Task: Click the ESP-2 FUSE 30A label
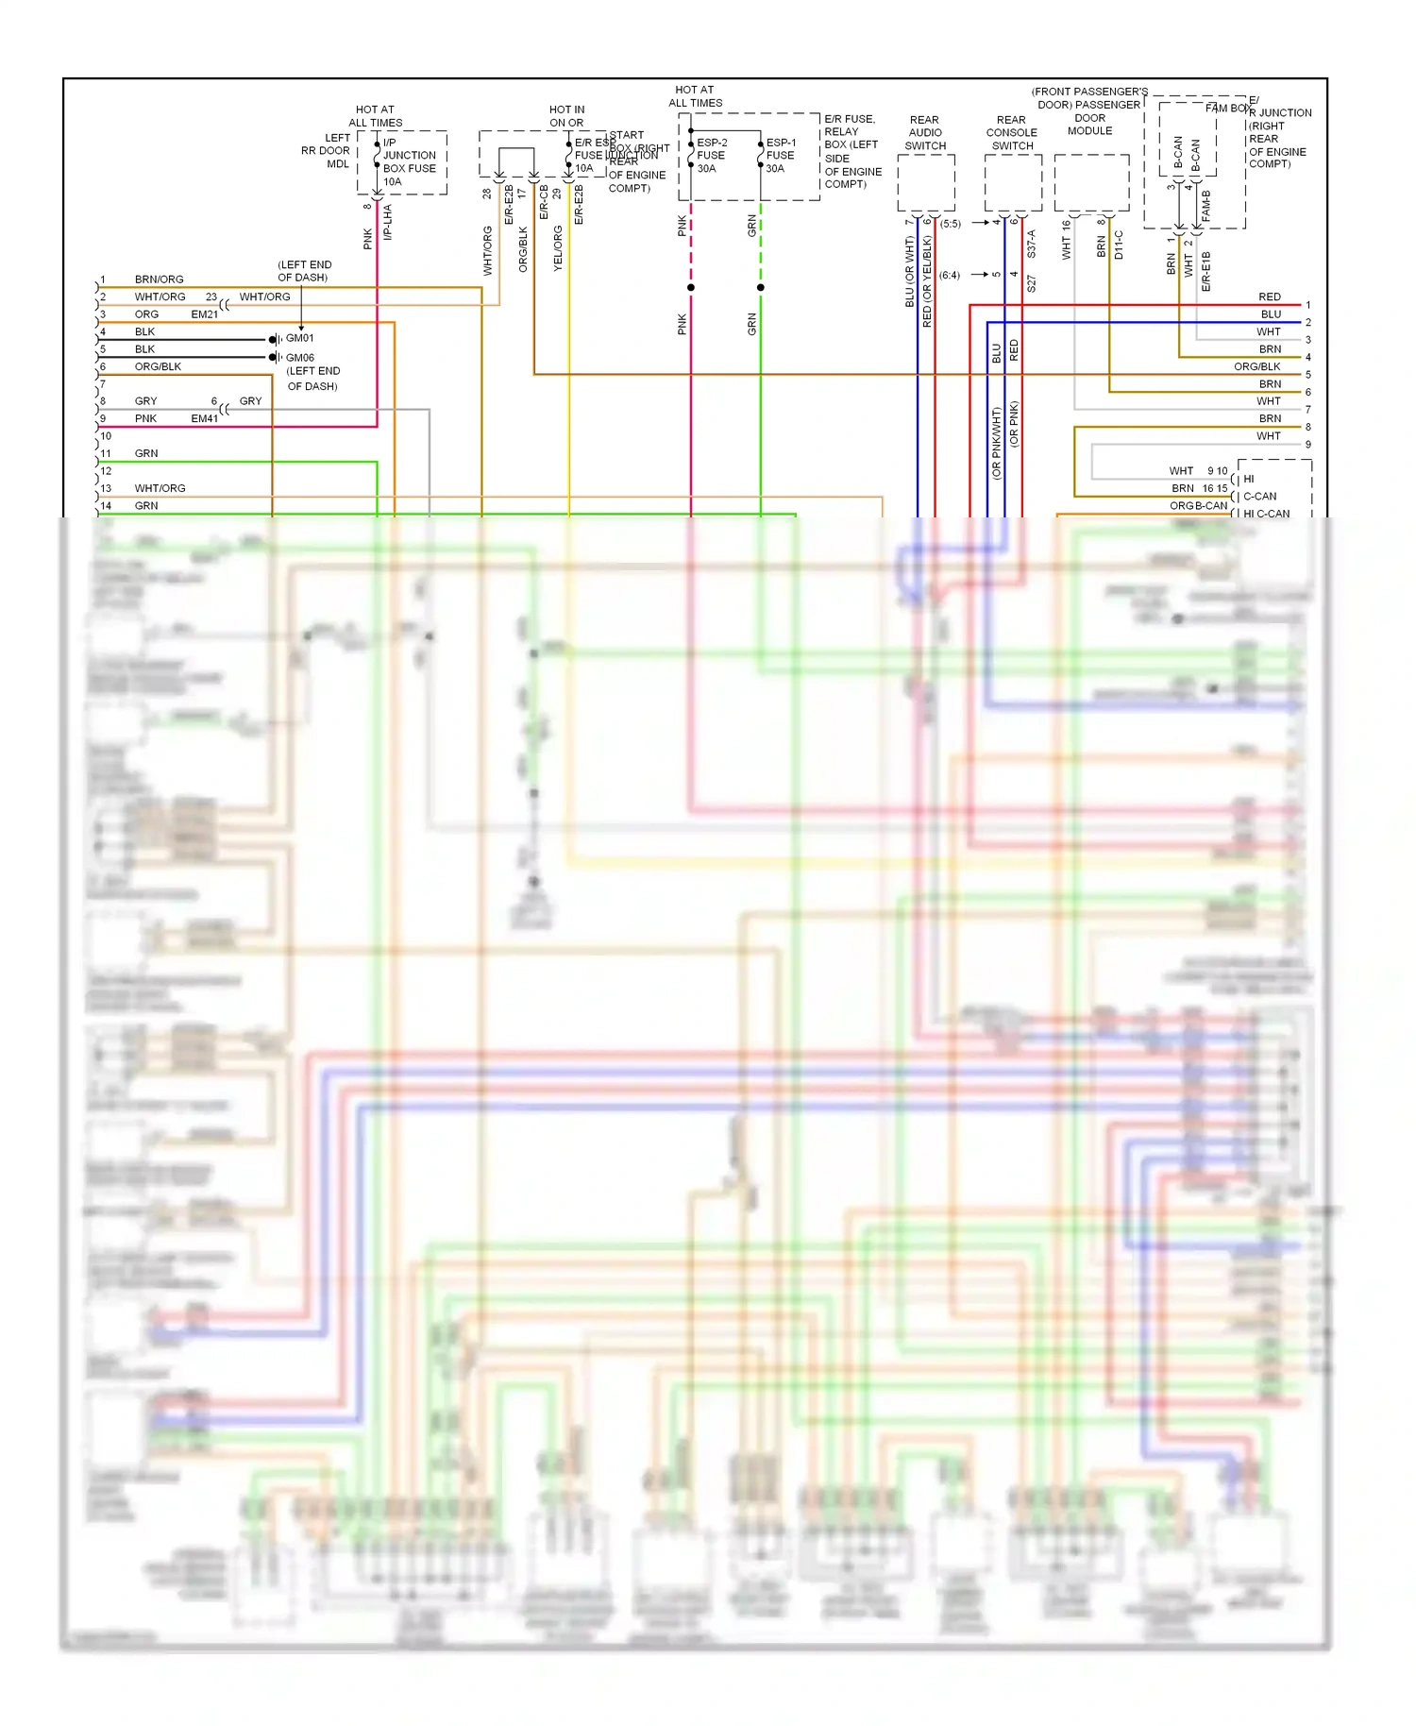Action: click(711, 156)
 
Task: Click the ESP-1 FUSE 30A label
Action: click(780, 156)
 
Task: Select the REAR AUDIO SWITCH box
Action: click(925, 183)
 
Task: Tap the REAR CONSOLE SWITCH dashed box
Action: click(1012, 183)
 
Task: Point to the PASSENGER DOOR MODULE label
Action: click(1089, 118)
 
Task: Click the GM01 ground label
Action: click(300, 338)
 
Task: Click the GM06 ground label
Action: click(300, 358)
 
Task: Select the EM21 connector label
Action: click(204, 314)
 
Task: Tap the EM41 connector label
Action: click(204, 418)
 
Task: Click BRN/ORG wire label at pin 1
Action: click(159, 279)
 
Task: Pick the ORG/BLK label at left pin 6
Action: click(158, 366)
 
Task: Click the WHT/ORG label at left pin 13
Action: click(160, 488)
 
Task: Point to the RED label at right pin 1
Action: click(1269, 297)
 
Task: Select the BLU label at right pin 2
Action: click(1271, 314)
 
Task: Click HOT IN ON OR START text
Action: click(567, 116)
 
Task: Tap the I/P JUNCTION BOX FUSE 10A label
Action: click(409, 161)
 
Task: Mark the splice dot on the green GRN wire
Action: click(760, 287)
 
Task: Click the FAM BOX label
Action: click(1227, 109)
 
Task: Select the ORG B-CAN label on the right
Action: click(1198, 506)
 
